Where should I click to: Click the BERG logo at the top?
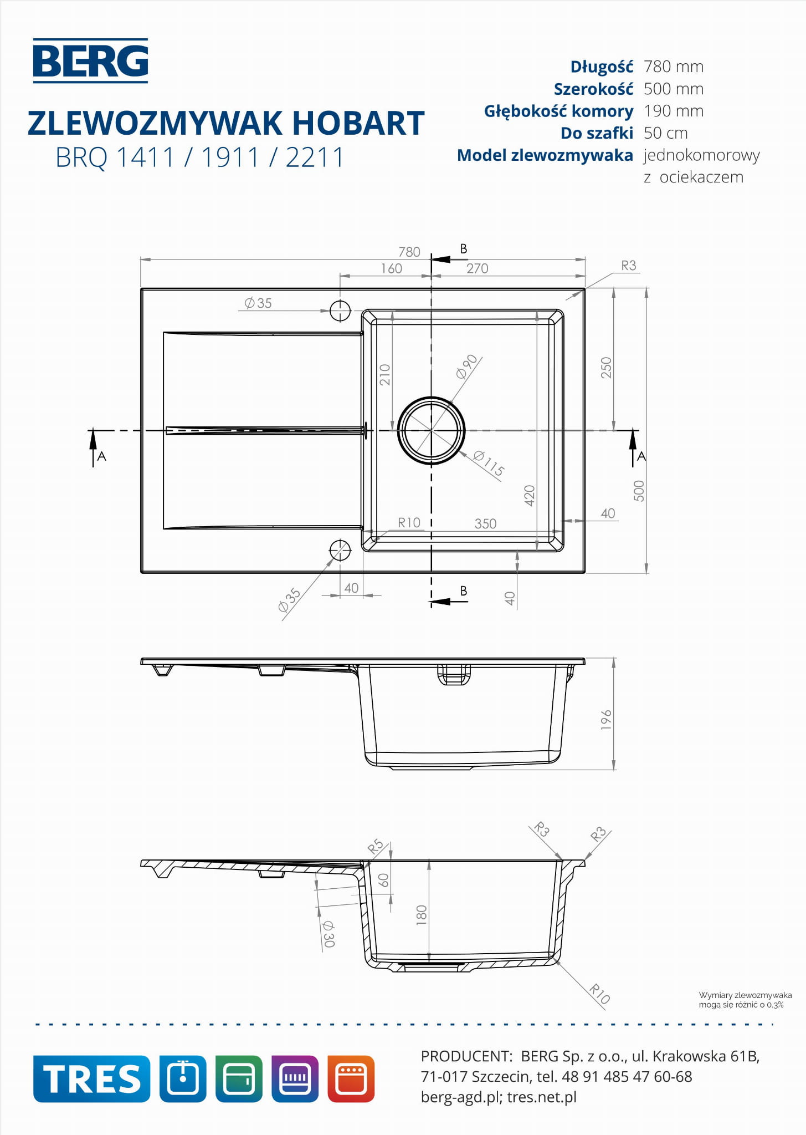click(x=90, y=60)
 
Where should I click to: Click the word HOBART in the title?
click(x=358, y=123)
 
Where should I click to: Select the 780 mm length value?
click(x=674, y=67)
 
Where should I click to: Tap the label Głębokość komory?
click(x=558, y=111)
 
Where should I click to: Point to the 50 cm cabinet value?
click(x=666, y=133)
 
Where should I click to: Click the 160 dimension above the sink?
click(x=391, y=268)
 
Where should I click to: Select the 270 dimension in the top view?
click(x=477, y=268)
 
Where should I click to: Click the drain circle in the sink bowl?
click(x=431, y=430)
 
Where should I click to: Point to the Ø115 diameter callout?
click(x=489, y=464)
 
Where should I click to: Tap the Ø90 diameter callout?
click(x=466, y=367)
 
